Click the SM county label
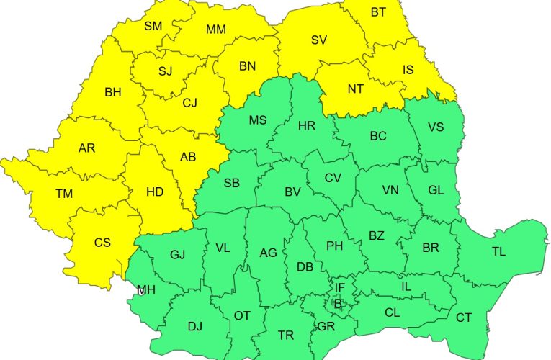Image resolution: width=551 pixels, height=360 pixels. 153,26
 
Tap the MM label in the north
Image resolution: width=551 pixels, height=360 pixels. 215,30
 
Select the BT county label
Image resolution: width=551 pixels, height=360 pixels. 378,12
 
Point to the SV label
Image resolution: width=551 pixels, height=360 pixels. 319,40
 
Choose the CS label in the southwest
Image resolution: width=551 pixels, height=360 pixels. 103,243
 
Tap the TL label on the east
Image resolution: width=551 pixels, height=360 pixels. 498,251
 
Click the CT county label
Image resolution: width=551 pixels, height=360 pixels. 464,318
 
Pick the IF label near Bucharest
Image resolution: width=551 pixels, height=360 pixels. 340,288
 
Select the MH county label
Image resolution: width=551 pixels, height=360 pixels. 146,290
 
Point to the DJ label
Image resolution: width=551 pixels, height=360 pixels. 195,326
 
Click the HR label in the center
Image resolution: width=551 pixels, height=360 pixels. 306,126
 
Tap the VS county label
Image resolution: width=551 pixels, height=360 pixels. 436,127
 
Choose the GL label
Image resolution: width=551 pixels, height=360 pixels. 436,190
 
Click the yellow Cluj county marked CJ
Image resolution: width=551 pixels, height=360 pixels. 189,103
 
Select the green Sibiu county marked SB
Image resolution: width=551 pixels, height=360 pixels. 231,183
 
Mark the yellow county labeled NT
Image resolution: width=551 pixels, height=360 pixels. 356,89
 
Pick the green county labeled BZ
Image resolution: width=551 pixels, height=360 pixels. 377,235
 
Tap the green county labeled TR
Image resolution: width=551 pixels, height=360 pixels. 286,336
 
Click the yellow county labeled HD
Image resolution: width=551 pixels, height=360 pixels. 155,192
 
